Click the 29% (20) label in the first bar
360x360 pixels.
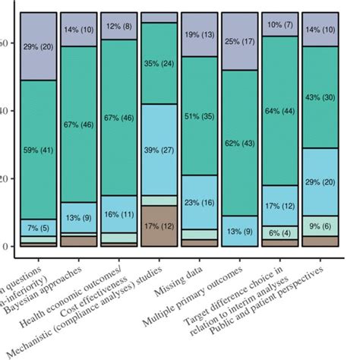click(x=38, y=47)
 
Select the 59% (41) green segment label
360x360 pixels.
click(x=38, y=150)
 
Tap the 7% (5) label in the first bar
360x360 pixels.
click(x=38, y=227)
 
